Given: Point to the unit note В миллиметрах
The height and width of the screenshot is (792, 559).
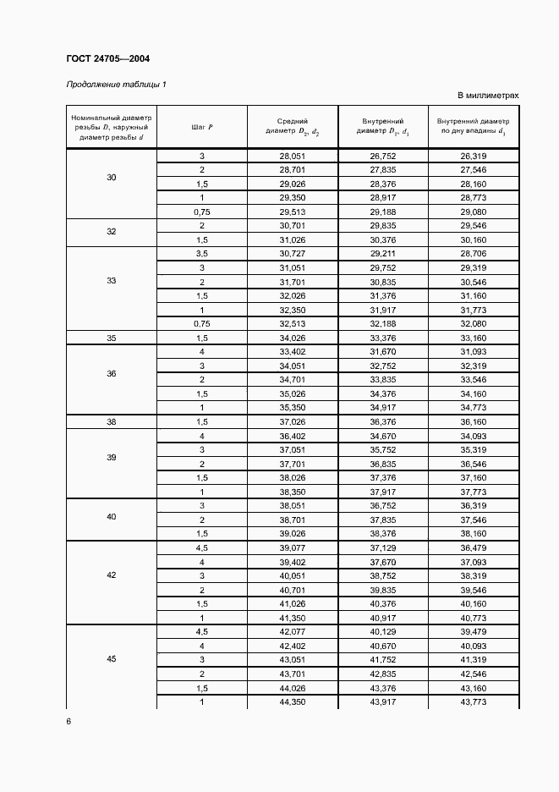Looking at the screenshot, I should click(x=488, y=96).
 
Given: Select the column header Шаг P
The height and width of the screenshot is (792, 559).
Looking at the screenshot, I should click(x=202, y=127).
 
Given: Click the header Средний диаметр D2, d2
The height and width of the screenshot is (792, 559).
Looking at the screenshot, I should click(x=292, y=127).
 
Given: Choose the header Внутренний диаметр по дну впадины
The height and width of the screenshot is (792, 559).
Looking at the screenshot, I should click(x=474, y=127).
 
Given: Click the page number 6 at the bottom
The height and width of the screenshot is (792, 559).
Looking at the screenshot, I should click(x=69, y=721).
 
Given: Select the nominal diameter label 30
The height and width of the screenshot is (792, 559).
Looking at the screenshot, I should click(x=112, y=178).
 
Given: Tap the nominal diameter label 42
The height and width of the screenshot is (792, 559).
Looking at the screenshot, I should click(x=112, y=575).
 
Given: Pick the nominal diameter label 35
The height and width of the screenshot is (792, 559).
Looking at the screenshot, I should click(x=112, y=338).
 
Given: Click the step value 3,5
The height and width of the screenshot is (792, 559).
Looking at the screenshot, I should click(x=202, y=254).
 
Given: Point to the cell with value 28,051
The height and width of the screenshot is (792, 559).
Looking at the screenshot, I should click(x=292, y=157).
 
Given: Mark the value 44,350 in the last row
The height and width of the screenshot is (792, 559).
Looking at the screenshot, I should click(x=292, y=701).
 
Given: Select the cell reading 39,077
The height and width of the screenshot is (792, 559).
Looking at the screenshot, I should click(x=292, y=548).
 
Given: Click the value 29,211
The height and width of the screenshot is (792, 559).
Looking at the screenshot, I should click(x=382, y=254).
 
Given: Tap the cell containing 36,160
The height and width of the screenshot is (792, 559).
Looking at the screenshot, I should click(x=473, y=421).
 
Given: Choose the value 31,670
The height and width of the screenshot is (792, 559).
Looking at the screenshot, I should click(x=382, y=351).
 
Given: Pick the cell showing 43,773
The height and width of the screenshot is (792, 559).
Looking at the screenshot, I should click(x=473, y=701).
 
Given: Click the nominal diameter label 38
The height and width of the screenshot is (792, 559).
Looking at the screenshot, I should click(x=112, y=421).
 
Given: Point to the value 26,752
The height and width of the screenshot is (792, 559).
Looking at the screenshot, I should click(x=382, y=157).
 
